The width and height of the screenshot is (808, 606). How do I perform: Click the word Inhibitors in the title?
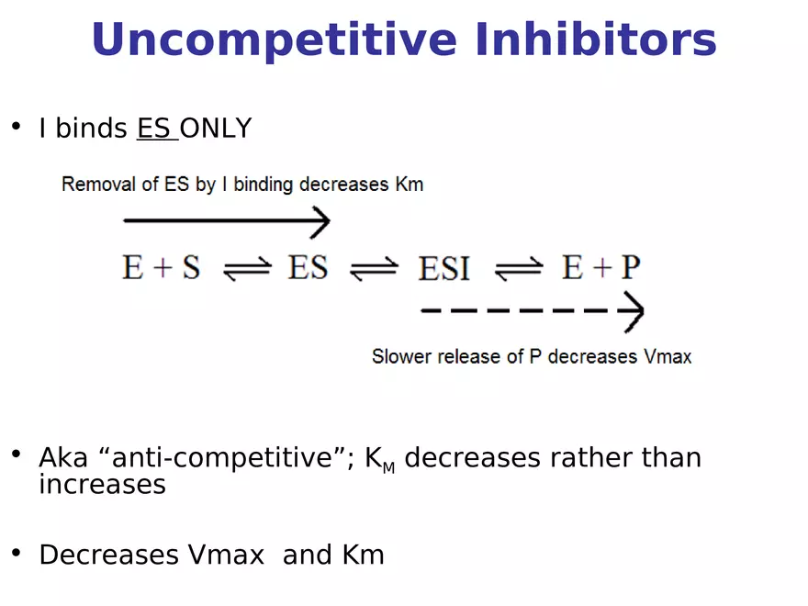pos(596,40)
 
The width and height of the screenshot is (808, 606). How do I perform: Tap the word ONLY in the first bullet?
pos(215,129)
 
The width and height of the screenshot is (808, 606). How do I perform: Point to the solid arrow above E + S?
pos(226,220)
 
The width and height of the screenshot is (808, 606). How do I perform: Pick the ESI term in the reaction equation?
pos(444,268)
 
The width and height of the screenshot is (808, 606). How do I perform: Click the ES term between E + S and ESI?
pos(308,267)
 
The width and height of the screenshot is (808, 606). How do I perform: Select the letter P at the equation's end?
pos(630,267)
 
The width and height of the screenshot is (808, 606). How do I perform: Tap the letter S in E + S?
pos(190,267)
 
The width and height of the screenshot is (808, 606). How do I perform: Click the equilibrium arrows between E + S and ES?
pos(247,268)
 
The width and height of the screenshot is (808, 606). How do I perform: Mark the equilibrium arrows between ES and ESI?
pos(375,268)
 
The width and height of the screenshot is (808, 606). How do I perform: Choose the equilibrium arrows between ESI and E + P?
pos(519,268)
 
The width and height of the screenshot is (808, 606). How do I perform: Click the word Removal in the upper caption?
pos(96,184)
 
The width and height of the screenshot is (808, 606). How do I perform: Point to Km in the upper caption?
pos(409,184)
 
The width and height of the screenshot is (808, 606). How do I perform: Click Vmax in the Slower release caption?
pos(667,356)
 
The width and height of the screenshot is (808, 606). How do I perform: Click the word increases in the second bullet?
pos(102,485)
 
